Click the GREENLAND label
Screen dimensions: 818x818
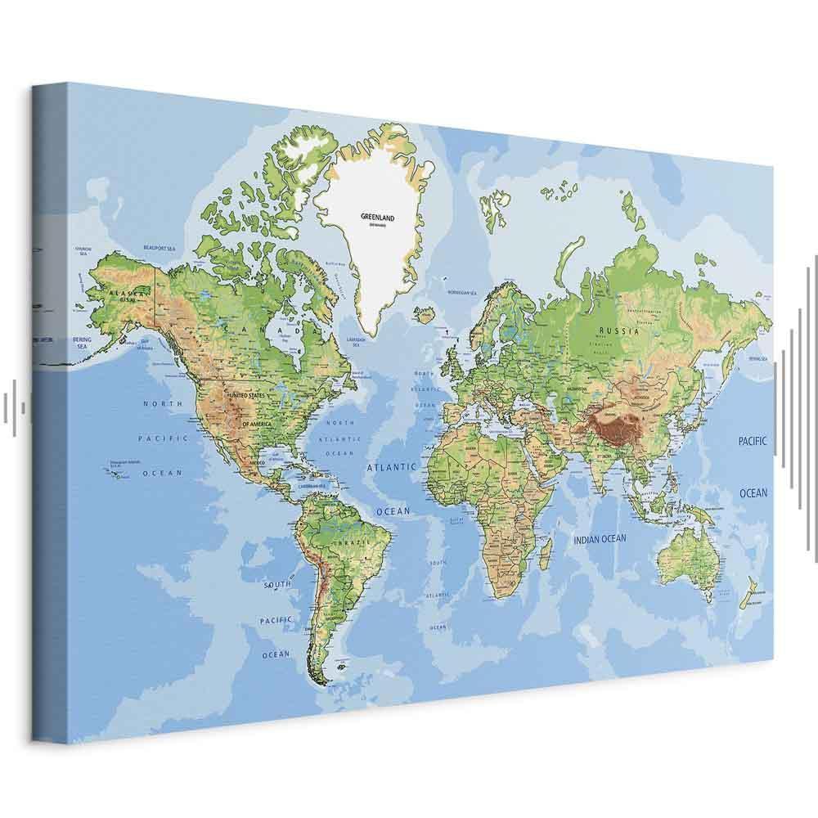(377, 218)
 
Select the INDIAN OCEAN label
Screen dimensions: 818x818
(600, 539)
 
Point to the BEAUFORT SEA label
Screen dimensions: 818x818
(160, 247)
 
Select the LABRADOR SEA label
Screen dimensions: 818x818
(354, 341)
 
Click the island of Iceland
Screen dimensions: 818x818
(424, 313)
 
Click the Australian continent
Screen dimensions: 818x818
(688, 556)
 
